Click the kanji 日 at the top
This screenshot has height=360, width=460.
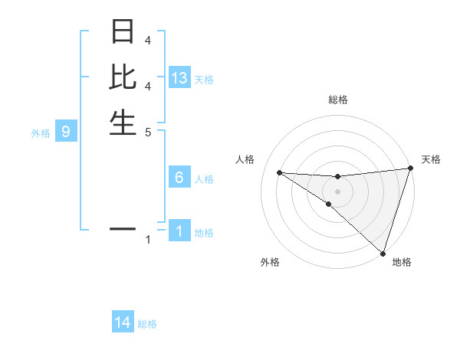coord(123,32)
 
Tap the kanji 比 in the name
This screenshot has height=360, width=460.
coord(123,77)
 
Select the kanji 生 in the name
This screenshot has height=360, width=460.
coord(123,123)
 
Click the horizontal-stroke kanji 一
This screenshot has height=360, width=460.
coord(123,228)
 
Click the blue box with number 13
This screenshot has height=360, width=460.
coord(179,78)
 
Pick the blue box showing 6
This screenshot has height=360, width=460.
coord(179,178)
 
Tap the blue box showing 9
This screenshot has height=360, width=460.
coord(66,132)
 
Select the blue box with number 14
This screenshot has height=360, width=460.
coord(123,323)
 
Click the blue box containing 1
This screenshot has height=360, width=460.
coord(179,231)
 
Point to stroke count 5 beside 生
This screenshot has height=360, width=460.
coord(147,131)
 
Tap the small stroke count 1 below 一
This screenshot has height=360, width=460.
coord(148,241)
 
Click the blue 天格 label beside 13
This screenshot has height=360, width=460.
coord(204,80)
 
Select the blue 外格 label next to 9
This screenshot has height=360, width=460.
coord(41,133)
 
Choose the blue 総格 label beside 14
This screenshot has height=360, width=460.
coord(147,324)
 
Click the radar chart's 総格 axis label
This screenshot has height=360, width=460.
coord(337,100)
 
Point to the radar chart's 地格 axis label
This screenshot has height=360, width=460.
coord(402,262)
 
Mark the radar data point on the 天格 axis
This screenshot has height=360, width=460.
coord(410,169)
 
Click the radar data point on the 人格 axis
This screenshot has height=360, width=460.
coord(279,172)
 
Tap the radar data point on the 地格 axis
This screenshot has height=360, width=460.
coord(383,253)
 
